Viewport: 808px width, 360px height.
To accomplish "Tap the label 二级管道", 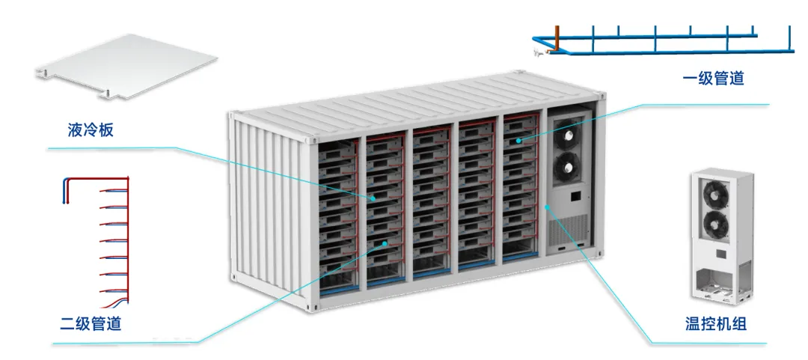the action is pos(91,324).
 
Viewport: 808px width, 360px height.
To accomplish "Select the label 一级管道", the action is pos(714,77).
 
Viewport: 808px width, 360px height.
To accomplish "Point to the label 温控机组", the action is pos(716,324).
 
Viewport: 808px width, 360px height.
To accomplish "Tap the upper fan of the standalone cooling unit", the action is pos(715,192).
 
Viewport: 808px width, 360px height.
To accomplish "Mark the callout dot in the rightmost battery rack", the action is pos(517,140).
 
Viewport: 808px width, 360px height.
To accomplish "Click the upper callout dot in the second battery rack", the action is pos(373,198).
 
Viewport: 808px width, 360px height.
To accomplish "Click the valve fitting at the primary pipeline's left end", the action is pos(537,52).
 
